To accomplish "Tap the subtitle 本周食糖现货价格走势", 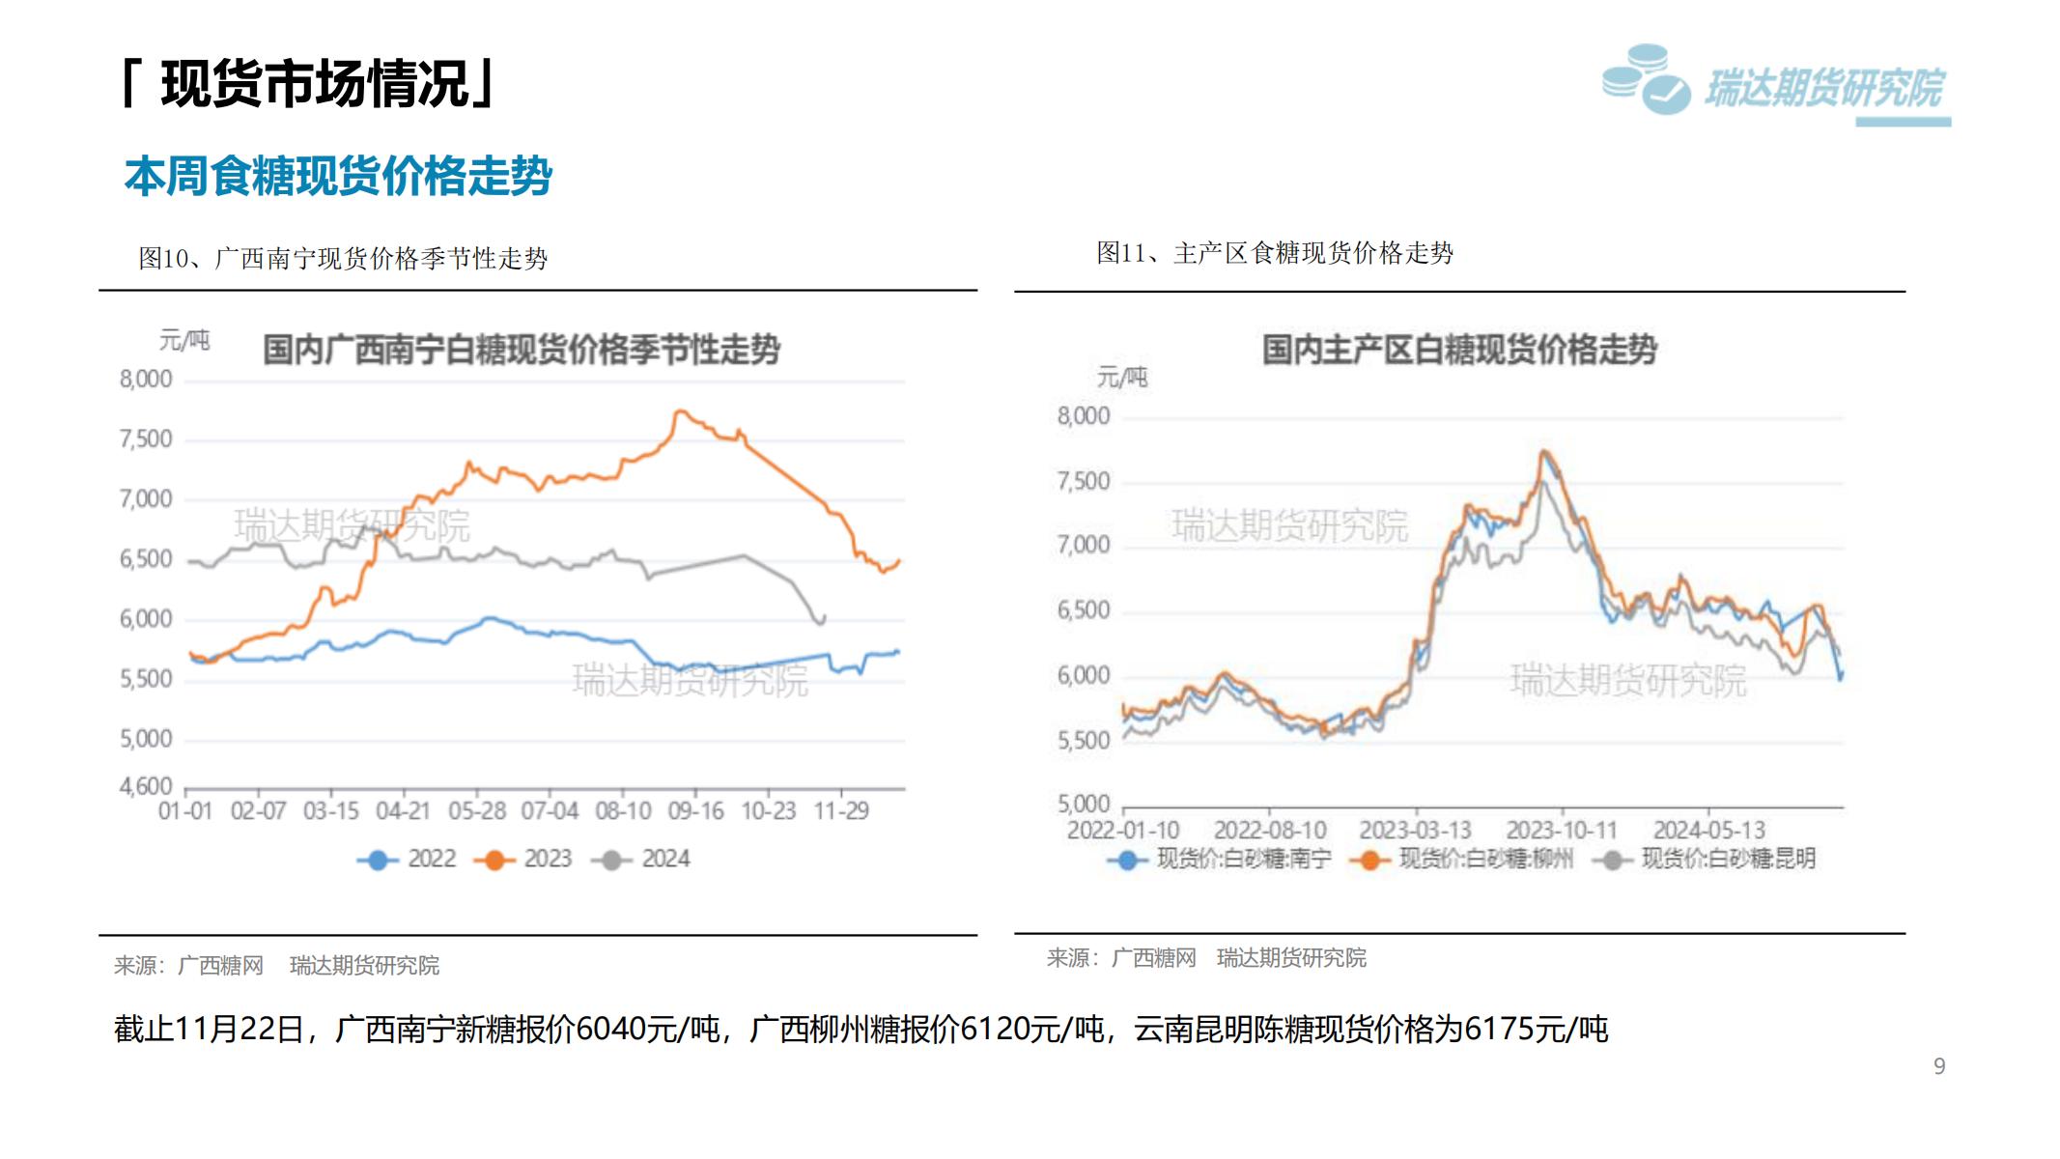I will click(338, 176).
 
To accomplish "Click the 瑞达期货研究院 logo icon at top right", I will click(1646, 79).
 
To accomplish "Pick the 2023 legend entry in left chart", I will click(524, 859).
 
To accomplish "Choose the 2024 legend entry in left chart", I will click(642, 859).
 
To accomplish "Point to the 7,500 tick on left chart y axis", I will click(146, 439).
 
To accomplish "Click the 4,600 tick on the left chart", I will click(146, 786).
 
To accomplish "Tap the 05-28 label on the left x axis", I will click(477, 811).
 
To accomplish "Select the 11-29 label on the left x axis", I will click(841, 811).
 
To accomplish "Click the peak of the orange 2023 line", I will click(679, 411).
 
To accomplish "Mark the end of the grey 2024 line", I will click(823, 617).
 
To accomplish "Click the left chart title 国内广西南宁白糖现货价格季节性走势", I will click(522, 349).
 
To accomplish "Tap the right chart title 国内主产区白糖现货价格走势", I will click(1459, 349).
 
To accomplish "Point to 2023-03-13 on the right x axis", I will click(1415, 831).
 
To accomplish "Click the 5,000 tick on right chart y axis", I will click(1084, 804).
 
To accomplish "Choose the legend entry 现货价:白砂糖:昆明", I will click(1708, 859).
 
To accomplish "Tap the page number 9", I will click(1938, 1066).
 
